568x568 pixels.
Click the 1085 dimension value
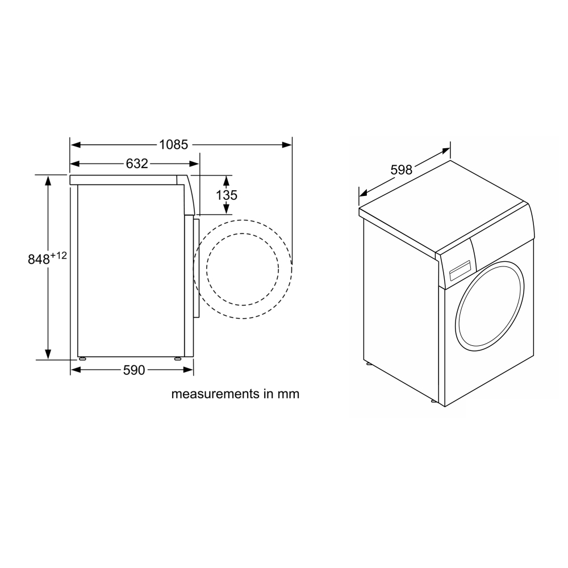coord(174,145)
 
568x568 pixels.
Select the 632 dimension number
coord(137,164)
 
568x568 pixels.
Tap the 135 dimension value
coord(227,195)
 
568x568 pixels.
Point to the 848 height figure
coord(39,260)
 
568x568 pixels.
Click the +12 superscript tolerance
coord(59,256)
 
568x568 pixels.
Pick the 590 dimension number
coord(134,370)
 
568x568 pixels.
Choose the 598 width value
coord(402,169)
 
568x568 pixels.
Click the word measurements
coord(216,394)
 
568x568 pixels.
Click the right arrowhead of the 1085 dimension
coord(287,145)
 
